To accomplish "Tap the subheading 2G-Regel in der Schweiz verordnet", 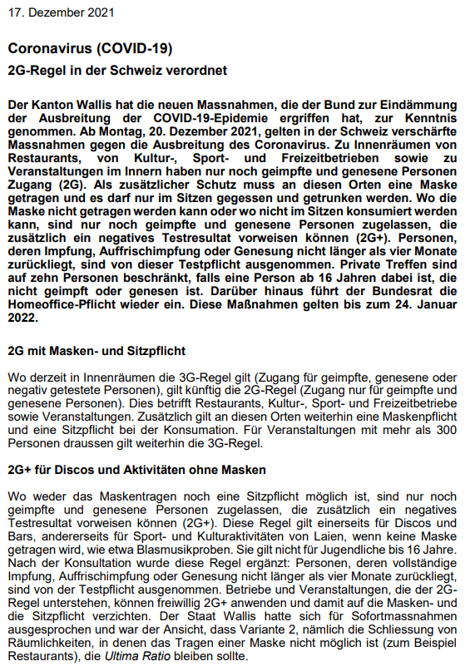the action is click(x=116, y=71).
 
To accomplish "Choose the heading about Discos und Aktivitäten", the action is click(x=136, y=471).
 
